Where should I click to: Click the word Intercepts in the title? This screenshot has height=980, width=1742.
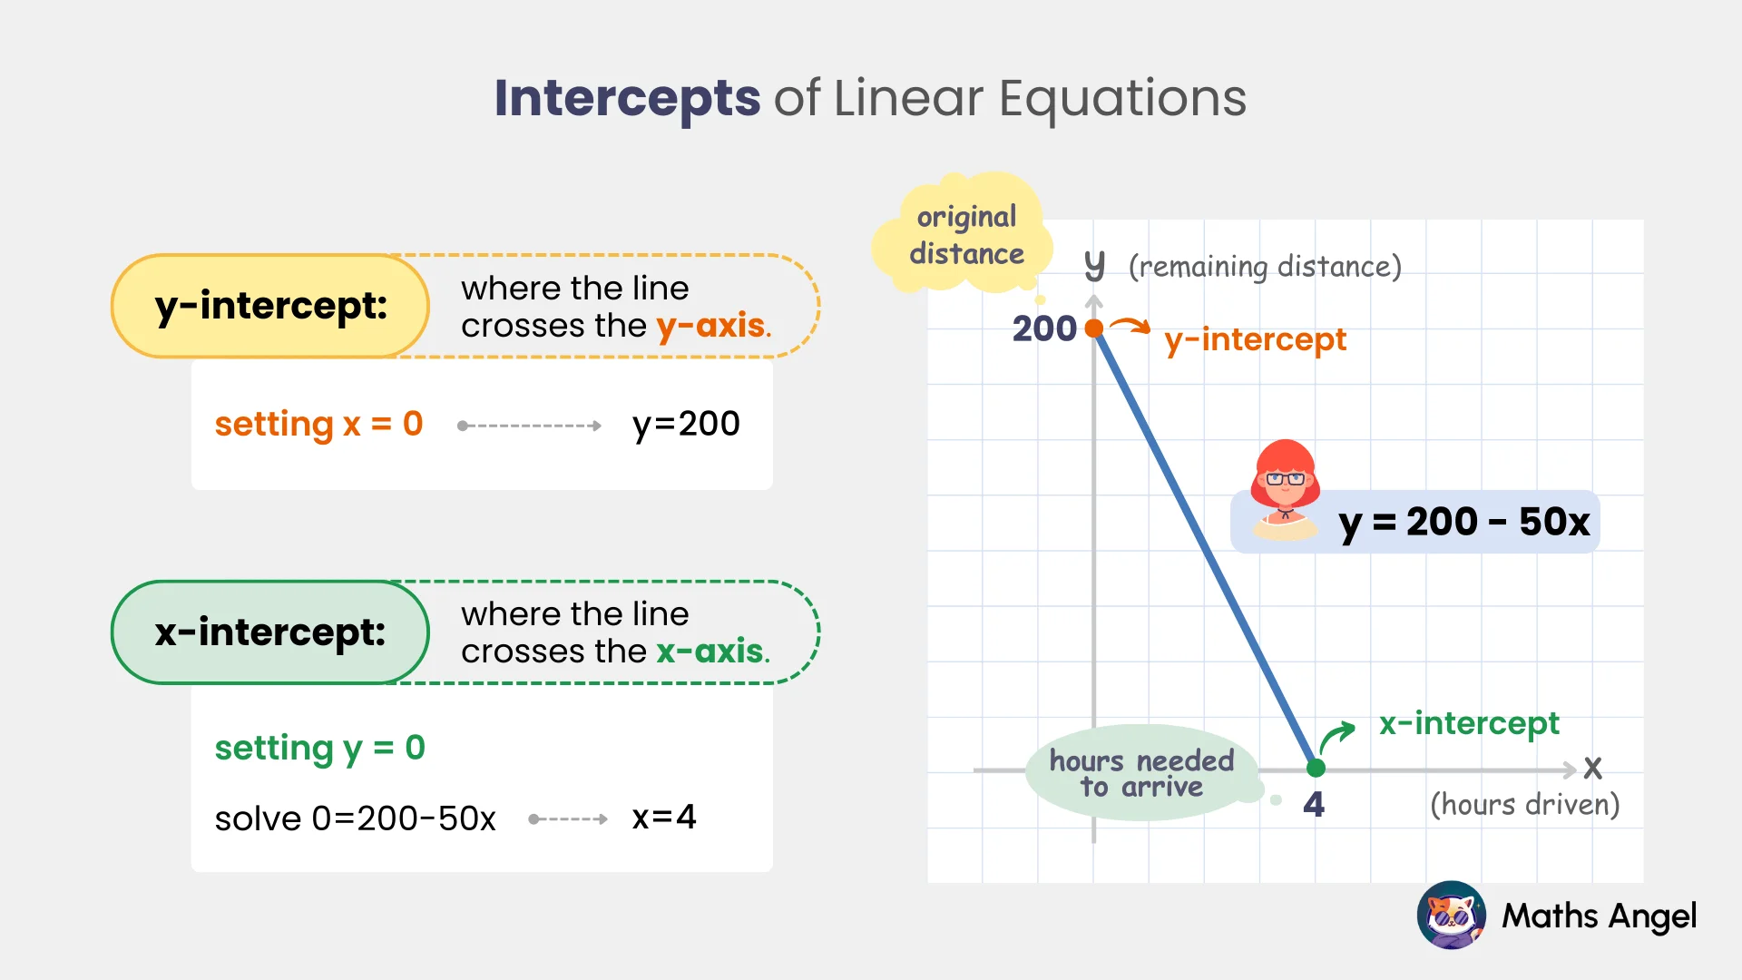coord(627,98)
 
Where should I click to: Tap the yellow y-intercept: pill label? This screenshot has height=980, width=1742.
coord(270,306)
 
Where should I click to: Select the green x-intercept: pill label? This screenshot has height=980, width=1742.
coord(270,632)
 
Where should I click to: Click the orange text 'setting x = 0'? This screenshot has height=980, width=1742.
coord(318,424)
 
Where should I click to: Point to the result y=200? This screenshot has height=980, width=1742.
coord(686,424)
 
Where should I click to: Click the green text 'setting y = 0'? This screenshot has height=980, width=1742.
coord(319,748)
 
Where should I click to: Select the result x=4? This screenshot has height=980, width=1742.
coord(664,818)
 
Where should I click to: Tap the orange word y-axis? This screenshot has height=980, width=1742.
coord(711,325)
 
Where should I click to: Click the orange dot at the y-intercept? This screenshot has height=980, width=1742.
coord(1094,328)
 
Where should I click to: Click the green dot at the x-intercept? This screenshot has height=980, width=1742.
coord(1316,769)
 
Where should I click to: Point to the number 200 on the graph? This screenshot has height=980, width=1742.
coord(1043,328)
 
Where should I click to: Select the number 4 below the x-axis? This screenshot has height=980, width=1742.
coord(1314,805)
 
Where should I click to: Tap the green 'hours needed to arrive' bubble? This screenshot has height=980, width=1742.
coord(1141,773)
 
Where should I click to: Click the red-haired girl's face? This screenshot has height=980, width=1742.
coord(1285,481)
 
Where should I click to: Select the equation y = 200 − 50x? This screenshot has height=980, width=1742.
coord(1463,522)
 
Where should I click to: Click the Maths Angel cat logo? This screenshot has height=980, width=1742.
coord(1451,916)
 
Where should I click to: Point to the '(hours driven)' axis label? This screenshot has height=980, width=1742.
coord(1524,805)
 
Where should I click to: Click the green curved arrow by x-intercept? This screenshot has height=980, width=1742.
coord(1336,738)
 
